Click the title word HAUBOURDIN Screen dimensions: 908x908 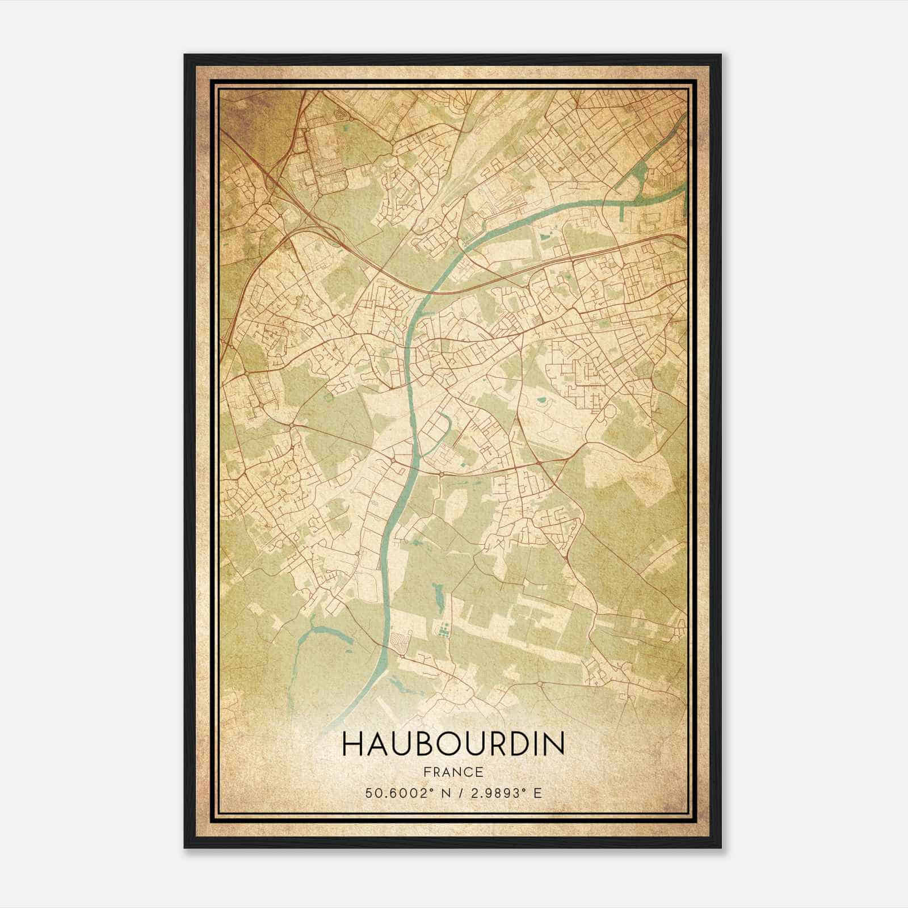click(453, 745)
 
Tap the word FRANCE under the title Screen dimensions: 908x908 click(453, 772)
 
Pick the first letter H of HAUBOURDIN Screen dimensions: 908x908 click(351, 745)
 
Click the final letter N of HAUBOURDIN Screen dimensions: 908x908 click(555, 745)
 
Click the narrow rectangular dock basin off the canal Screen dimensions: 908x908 click(623, 213)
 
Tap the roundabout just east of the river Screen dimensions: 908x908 click(441, 473)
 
